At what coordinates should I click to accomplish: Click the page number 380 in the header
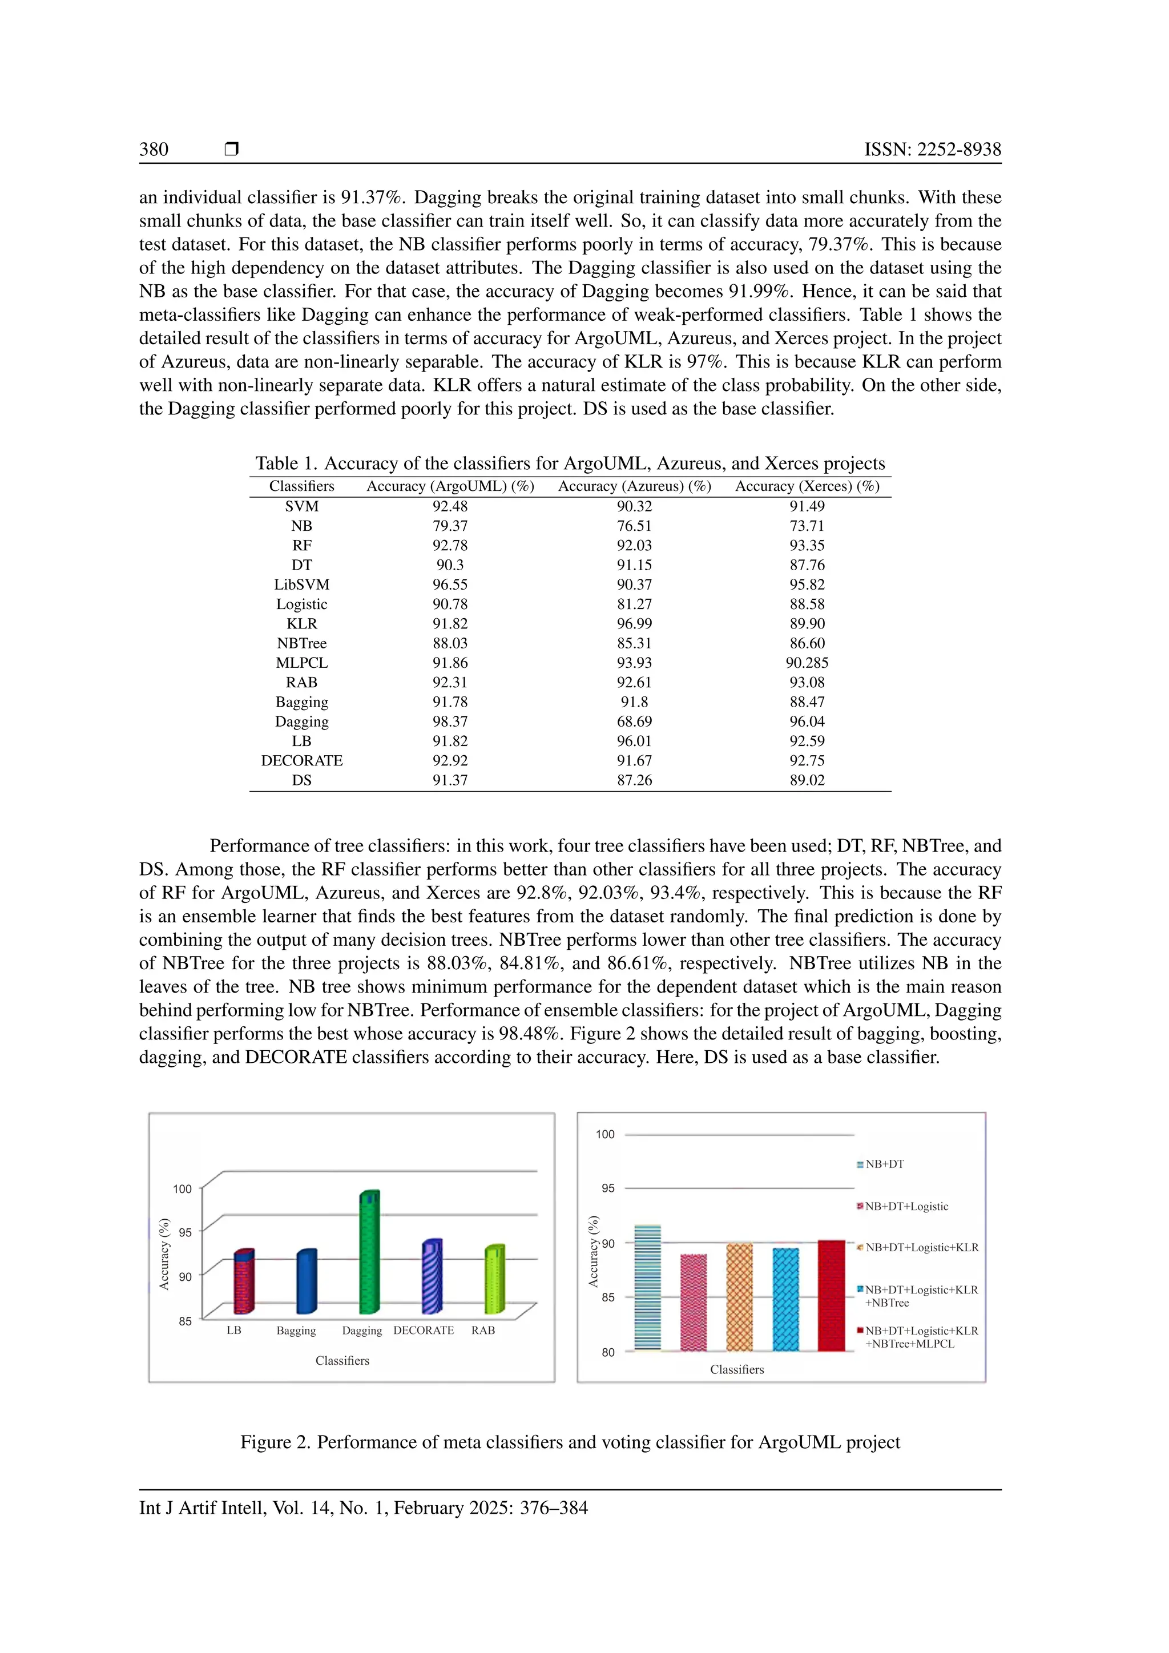tap(154, 149)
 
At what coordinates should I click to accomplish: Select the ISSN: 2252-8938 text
tap(932, 149)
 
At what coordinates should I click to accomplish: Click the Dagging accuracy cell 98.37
tap(450, 721)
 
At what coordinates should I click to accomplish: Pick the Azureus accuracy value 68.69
tap(634, 721)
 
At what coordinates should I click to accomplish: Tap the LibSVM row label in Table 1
tap(301, 584)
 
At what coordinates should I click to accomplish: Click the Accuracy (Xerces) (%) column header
tap(807, 486)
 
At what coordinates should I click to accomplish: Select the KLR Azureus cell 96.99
tap(634, 623)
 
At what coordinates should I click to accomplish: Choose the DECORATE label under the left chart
tap(424, 1331)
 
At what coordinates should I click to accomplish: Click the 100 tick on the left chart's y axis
tap(182, 1188)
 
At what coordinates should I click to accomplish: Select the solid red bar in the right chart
tap(832, 1296)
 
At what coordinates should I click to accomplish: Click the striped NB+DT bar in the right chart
tap(647, 1289)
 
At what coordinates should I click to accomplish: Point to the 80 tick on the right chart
tap(608, 1352)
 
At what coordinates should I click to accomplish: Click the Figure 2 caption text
tap(570, 1442)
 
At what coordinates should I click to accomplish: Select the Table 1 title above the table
tap(570, 463)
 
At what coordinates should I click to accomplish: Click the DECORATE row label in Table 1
tap(301, 760)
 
